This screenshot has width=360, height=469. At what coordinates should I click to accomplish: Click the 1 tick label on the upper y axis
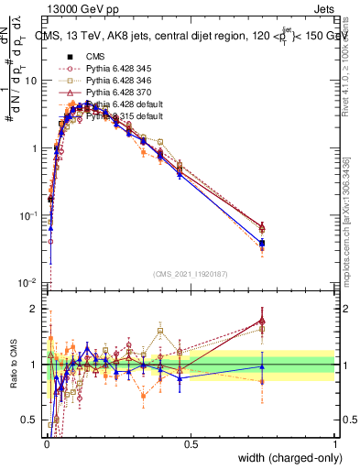coord(35,148)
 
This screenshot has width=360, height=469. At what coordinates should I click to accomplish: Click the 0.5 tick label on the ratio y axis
coord(30,420)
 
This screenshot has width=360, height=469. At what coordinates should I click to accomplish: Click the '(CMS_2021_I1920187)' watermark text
coord(190,274)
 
